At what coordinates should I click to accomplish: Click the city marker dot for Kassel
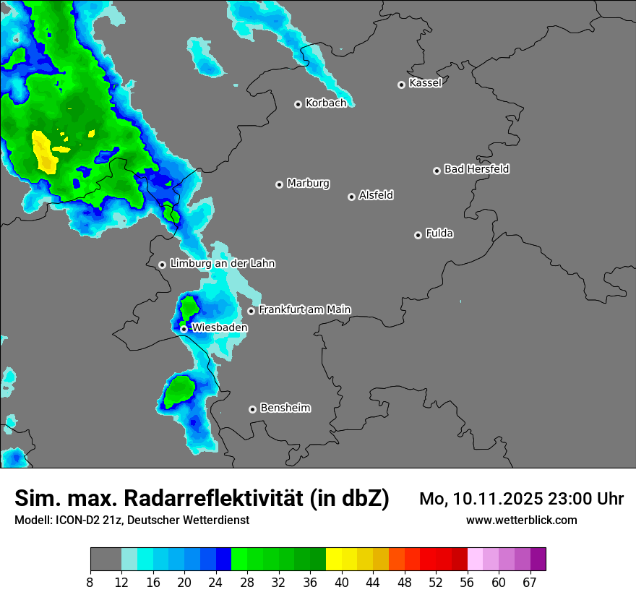click(401, 85)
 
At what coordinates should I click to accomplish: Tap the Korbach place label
click(326, 103)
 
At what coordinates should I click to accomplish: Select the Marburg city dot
click(279, 184)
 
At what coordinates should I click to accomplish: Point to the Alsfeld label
click(376, 195)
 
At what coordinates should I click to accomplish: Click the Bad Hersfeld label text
click(476, 169)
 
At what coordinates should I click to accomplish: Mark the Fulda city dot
click(418, 235)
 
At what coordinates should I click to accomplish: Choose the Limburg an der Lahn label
click(222, 264)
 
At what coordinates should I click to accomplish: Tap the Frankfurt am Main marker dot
click(252, 311)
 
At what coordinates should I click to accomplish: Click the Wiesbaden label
click(219, 327)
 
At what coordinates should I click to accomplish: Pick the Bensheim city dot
click(252, 409)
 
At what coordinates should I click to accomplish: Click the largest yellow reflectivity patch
click(44, 152)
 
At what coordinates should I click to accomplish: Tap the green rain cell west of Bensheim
click(177, 392)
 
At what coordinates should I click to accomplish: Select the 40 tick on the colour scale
click(342, 582)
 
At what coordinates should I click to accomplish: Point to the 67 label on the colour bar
click(530, 582)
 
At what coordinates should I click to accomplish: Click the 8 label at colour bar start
click(90, 582)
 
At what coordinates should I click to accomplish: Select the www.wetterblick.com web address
click(521, 520)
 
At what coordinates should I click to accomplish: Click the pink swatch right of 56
click(476, 560)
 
